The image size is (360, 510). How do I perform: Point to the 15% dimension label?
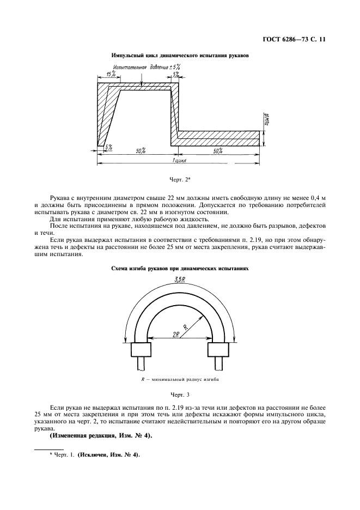(111, 74)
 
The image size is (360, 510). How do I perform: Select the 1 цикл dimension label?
(180, 161)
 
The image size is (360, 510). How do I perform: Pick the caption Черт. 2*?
(180, 178)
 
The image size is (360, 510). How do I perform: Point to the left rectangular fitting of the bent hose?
(141, 349)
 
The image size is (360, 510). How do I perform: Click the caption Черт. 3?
(180, 394)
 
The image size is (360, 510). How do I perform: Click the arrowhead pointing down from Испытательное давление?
(141, 84)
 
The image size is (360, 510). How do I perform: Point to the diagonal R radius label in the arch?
(185, 327)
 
